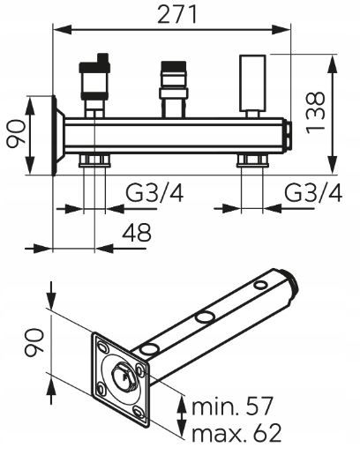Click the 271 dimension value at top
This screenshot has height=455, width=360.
click(x=177, y=15)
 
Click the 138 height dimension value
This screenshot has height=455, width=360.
click(x=315, y=113)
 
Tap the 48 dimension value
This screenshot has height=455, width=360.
click(x=137, y=232)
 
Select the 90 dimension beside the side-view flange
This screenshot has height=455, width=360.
click(x=16, y=134)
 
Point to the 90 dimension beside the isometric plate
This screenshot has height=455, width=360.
click(x=34, y=343)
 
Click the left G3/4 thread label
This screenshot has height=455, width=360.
click(x=154, y=193)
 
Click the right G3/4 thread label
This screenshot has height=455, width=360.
click(x=313, y=193)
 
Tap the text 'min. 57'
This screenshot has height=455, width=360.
click(x=232, y=406)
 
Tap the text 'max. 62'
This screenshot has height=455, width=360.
click(x=236, y=432)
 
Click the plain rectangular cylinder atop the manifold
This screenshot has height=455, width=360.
click(x=253, y=83)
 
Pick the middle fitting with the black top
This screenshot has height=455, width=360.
click(x=174, y=80)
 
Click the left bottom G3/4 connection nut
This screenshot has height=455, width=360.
click(x=94, y=160)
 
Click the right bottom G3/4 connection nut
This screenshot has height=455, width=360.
click(x=252, y=160)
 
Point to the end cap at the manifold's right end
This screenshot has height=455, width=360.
click(x=288, y=136)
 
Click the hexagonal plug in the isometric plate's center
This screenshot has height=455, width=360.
click(x=124, y=376)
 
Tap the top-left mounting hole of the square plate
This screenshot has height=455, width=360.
click(x=102, y=347)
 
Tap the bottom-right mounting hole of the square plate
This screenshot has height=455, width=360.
click(x=138, y=413)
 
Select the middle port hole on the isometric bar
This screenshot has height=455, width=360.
click(x=206, y=317)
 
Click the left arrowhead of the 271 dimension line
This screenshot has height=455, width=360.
click(x=63, y=30)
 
